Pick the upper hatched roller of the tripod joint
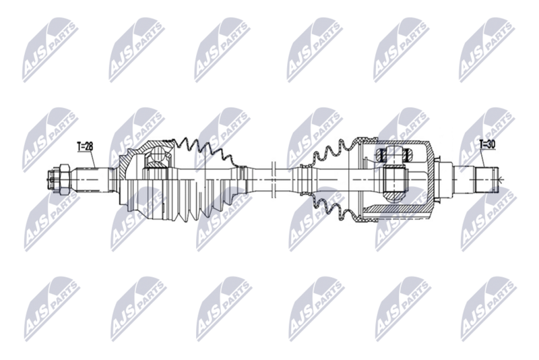(x=394, y=155)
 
